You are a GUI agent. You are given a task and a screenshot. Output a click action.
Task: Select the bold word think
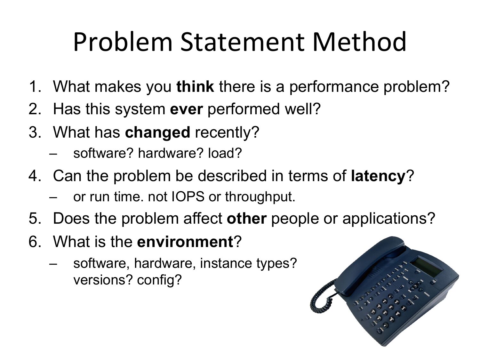(195, 86)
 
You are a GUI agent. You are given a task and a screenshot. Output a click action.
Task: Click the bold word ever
(186, 109)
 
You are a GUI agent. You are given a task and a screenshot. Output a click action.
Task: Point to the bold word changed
(157, 132)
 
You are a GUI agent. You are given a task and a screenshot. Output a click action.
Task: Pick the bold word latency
(378, 176)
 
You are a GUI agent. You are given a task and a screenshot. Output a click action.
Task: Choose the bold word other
(247, 219)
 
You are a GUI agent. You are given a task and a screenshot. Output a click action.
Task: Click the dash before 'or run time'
(53, 197)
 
